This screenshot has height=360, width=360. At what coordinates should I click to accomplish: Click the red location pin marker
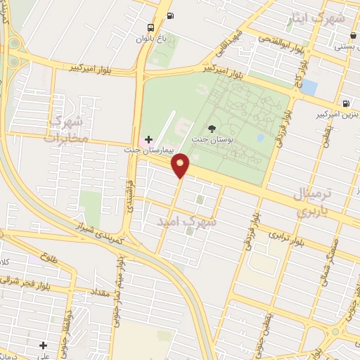pos(181,165)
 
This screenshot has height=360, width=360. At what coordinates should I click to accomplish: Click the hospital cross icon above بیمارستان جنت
pos(148,139)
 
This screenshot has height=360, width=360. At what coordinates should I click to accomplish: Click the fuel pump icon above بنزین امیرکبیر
pos(345,102)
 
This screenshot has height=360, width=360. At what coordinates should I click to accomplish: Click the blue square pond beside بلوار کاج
pos(310,88)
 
